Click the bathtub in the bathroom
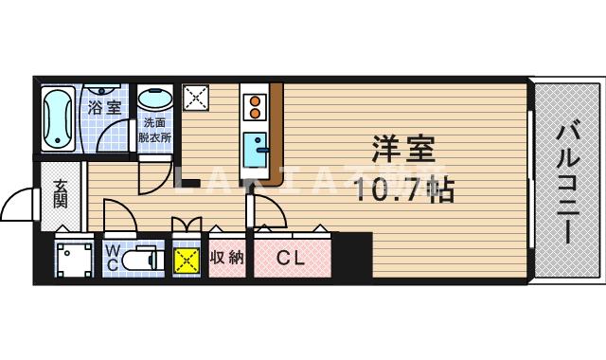coord(59,117)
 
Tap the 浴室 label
coord(104,107)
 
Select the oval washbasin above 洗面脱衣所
coord(154,99)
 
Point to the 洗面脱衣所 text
coord(154,129)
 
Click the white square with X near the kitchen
coord(197,97)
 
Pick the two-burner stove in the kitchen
coord(254,106)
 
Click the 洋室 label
coord(401,150)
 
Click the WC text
coord(112,257)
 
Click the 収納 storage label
coord(226,257)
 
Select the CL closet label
coord(291,257)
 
